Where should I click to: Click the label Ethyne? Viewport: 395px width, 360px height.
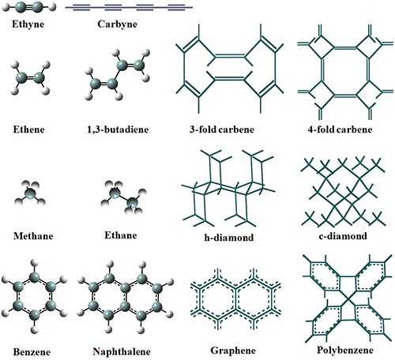(28, 24)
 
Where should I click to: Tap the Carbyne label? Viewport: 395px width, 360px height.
(117, 24)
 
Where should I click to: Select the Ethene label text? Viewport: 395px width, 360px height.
(28, 129)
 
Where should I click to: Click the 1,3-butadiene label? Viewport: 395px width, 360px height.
(118, 129)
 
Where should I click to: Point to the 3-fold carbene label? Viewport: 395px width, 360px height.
(222, 129)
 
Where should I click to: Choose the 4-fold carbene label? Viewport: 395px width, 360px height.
(340, 129)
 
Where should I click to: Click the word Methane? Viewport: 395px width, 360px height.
(33, 236)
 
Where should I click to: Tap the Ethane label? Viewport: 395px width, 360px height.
(121, 235)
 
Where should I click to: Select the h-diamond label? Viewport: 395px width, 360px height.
(229, 238)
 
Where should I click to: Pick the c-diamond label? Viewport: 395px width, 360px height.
(343, 236)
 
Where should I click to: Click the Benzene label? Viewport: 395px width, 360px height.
(32, 352)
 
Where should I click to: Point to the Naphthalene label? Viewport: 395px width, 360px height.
(122, 351)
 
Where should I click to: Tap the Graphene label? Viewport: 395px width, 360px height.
(233, 351)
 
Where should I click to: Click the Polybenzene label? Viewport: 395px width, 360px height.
(345, 350)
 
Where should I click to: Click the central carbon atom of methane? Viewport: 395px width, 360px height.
(30, 194)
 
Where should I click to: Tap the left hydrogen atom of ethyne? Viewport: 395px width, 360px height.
(6, 7)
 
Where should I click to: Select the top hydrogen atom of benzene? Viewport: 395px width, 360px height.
(34, 263)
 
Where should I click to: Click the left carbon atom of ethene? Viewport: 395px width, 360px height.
(21, 78)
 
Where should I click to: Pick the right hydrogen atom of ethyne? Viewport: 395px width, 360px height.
(53, 7)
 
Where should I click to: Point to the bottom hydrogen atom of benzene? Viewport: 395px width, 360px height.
(34, 330)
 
